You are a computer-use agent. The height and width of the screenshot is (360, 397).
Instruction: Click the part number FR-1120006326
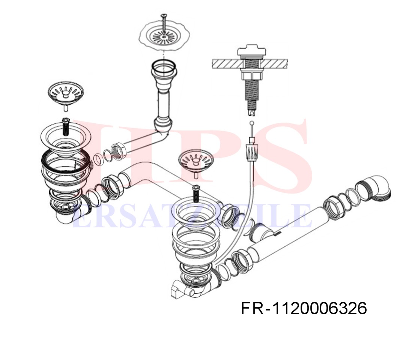(x=304, y=308)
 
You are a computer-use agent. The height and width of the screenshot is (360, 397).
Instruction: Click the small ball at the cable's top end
(x=252, y=123)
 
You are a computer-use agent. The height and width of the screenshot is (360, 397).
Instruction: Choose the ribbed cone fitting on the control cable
(x=252, y=153)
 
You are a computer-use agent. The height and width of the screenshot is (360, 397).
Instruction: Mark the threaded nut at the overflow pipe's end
(x=119, y=151)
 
